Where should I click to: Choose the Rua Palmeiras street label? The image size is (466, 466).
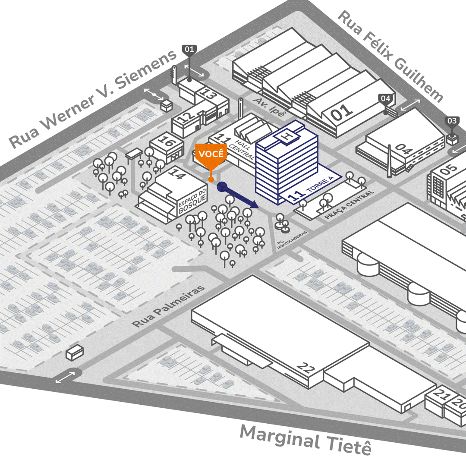tap(168, 307)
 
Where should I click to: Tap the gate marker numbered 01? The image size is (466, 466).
tap(189, 49)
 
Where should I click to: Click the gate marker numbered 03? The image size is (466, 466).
tap(452, 121)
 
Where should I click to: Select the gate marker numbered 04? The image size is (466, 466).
tap(385, 99)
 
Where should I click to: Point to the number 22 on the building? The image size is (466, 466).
tap(306, 368)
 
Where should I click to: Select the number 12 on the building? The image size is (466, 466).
tap(184, 117)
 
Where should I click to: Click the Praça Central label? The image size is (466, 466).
tap(349, 205)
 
